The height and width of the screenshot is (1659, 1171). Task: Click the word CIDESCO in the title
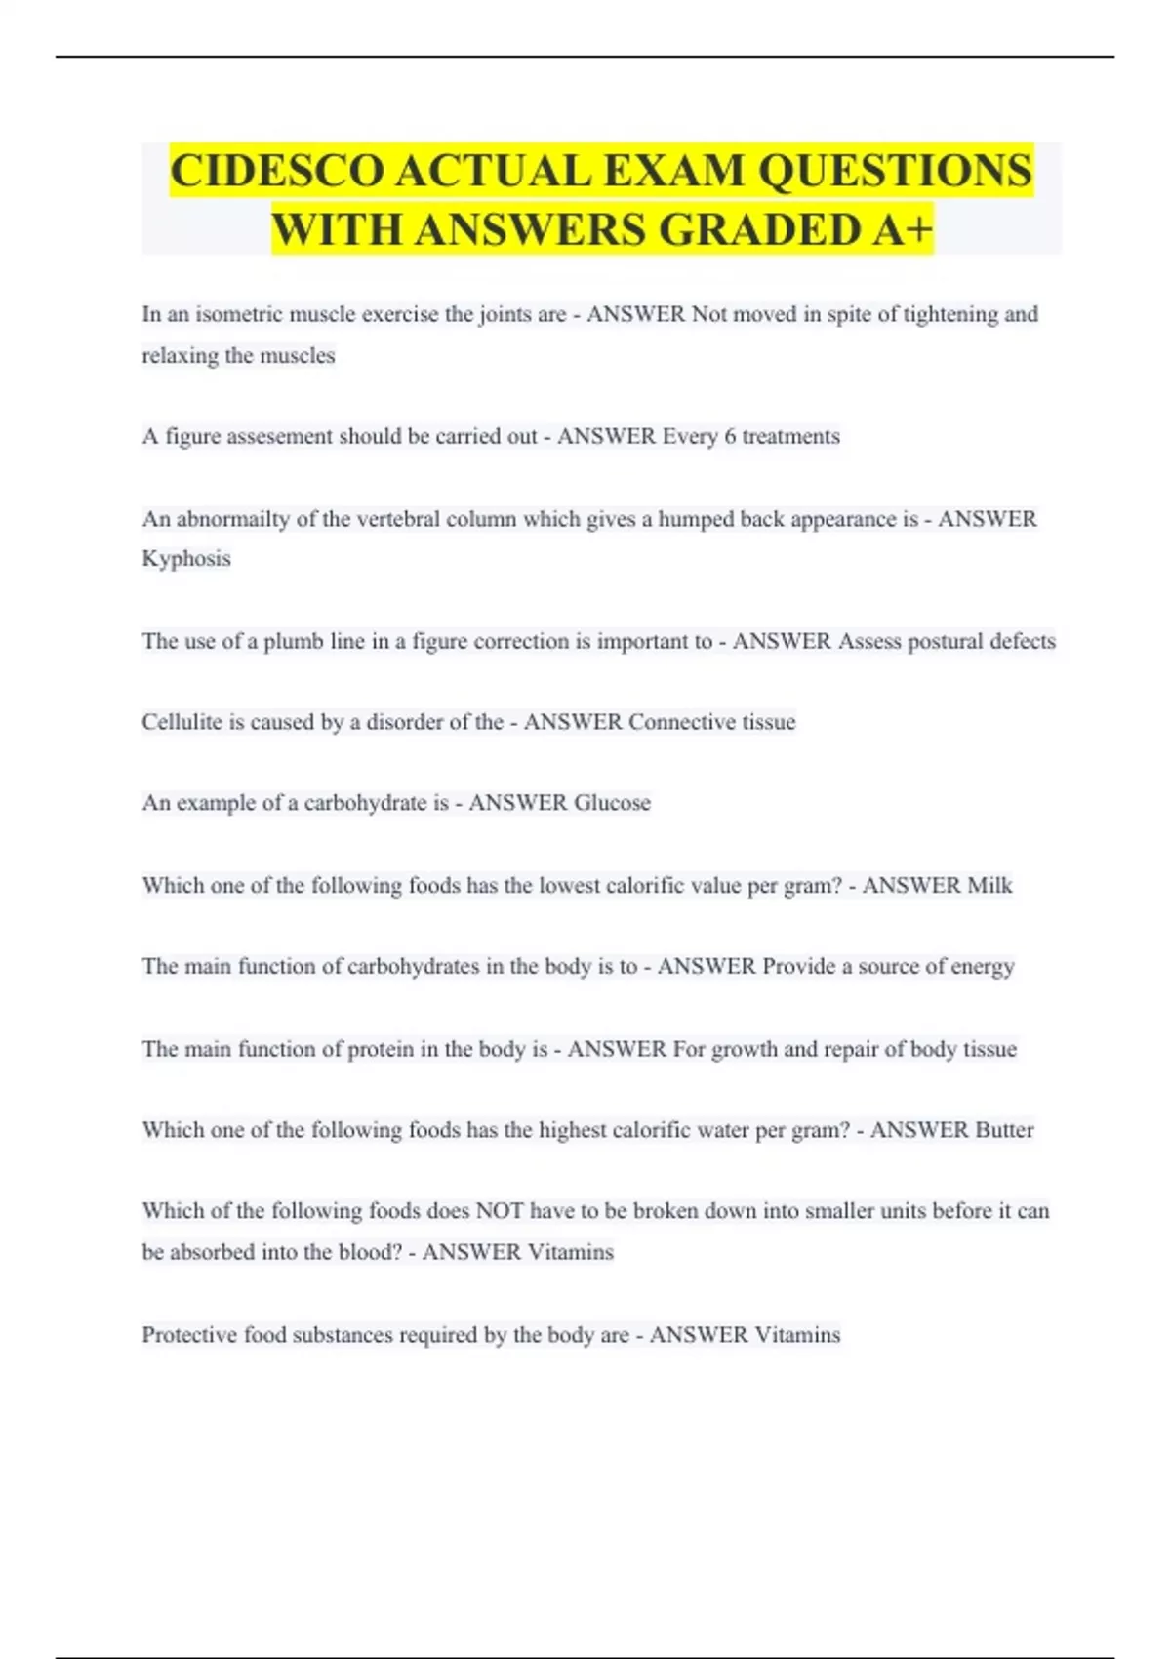point(277,171)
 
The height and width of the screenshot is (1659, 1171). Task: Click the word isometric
point(238,314)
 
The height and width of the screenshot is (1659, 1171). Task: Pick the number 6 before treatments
point(730,436)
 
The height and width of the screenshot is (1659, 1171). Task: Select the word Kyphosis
point(186,559)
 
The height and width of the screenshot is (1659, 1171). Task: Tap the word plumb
point(294,641)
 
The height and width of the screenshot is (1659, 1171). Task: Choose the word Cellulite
point(182,722)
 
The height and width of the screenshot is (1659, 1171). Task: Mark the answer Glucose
point(612,803)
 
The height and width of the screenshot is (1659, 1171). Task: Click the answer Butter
point(1004,1130)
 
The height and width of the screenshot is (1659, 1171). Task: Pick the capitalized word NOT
point(499,1211)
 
